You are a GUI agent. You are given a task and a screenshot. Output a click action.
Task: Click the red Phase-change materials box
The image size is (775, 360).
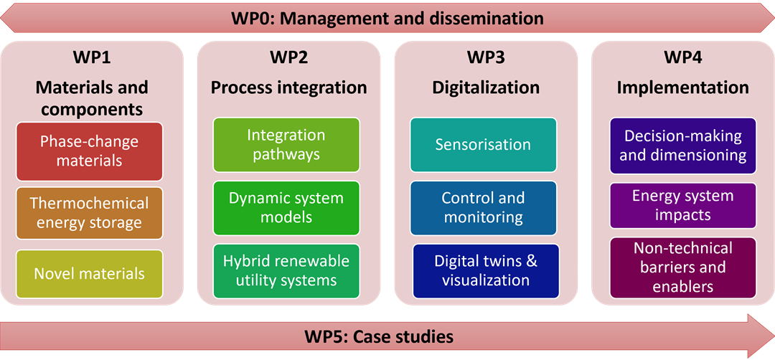(x=90, y=151)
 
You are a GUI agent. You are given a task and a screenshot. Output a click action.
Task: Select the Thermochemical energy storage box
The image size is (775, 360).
(x=90, y=213)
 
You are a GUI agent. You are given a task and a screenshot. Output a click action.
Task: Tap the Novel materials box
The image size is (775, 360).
(x=90, y=274)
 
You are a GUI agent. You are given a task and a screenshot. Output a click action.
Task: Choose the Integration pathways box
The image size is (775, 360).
(x=286, y=144)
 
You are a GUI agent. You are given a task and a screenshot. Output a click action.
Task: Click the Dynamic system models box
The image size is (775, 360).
(x=286, y=207)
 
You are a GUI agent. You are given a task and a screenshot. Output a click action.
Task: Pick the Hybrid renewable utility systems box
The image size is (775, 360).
(x=286, y=270)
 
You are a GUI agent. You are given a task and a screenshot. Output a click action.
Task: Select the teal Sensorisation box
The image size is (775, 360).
(x=483, y=144)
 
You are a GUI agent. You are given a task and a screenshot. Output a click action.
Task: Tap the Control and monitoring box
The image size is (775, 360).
(x=483, y=207)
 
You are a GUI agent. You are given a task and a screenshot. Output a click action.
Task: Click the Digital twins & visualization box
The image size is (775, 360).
(x=486, y=270)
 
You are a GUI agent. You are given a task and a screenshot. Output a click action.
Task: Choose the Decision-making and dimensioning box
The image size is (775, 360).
(x=683, y=146)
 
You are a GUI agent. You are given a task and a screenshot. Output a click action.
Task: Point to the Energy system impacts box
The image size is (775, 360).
(x=683, y=205)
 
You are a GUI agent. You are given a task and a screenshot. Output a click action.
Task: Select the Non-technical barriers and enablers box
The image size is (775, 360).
(x=683, y=267)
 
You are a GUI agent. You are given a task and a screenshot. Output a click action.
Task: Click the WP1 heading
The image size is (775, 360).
(x=92, y=57)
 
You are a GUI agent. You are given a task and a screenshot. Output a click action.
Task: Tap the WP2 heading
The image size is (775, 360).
(x=288, y=57)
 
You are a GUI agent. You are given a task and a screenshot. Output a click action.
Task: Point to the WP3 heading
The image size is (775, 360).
(x=486, y=57)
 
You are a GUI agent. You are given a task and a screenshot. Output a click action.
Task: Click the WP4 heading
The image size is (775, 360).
(x=682, y=57)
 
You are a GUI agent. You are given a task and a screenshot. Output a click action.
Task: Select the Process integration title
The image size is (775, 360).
(x=288, y=87)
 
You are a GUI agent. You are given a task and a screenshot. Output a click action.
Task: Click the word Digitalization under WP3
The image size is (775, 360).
(x=486, y=87)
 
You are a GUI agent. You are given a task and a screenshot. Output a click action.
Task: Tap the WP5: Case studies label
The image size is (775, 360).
(x=379, y=336)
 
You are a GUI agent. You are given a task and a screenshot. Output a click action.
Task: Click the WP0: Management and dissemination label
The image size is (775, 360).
(x=387, y=18)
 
